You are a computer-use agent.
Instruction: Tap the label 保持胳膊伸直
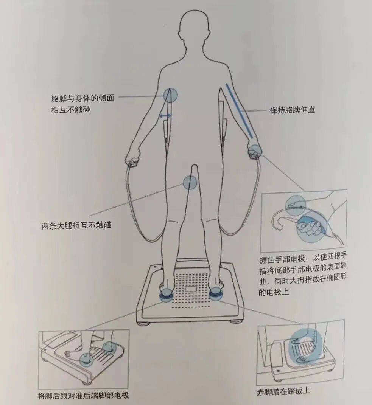(292, 110)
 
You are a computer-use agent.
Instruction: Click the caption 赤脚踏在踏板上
(283, 391)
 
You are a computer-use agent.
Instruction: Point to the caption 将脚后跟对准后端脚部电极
(83, 396)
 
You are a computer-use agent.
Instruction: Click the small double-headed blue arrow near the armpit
(165, 115)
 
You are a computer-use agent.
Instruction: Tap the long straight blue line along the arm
(240, 110)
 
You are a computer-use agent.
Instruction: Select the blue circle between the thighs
(190, 183)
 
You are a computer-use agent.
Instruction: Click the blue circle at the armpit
(170, 95)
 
